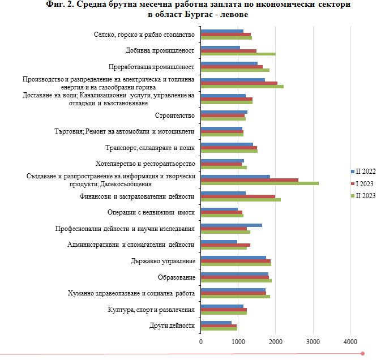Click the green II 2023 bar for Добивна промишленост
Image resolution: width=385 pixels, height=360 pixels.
point(238,54)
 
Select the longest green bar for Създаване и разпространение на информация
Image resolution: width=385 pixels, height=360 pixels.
point(260,183)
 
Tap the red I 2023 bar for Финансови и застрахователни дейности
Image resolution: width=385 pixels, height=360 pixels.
point(238,196)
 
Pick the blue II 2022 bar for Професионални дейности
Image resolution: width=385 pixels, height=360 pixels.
point(232,225)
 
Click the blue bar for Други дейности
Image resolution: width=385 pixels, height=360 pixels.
point(216,323)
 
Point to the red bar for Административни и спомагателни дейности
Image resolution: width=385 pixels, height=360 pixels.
point(226,245)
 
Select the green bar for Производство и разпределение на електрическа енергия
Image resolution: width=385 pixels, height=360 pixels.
point(242,87)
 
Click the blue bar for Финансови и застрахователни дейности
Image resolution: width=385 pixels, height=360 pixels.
point(224,193)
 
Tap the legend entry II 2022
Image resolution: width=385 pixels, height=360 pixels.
point(363,172)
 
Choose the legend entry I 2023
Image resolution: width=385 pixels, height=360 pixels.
point(362,183)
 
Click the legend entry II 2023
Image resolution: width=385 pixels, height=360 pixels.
point(363,196)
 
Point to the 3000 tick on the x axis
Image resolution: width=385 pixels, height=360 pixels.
point(313,341)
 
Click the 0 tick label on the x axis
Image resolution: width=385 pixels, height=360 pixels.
point(201,341)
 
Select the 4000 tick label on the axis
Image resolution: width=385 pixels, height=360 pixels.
point(350,341)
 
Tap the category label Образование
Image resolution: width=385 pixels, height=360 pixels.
point(177,277)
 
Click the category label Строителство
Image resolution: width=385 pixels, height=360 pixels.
point(175,115)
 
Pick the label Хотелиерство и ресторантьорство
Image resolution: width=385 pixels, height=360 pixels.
point(146,164)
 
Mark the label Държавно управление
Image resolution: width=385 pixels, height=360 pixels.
point(163,261)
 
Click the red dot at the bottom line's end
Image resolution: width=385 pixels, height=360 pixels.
point(362,354)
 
